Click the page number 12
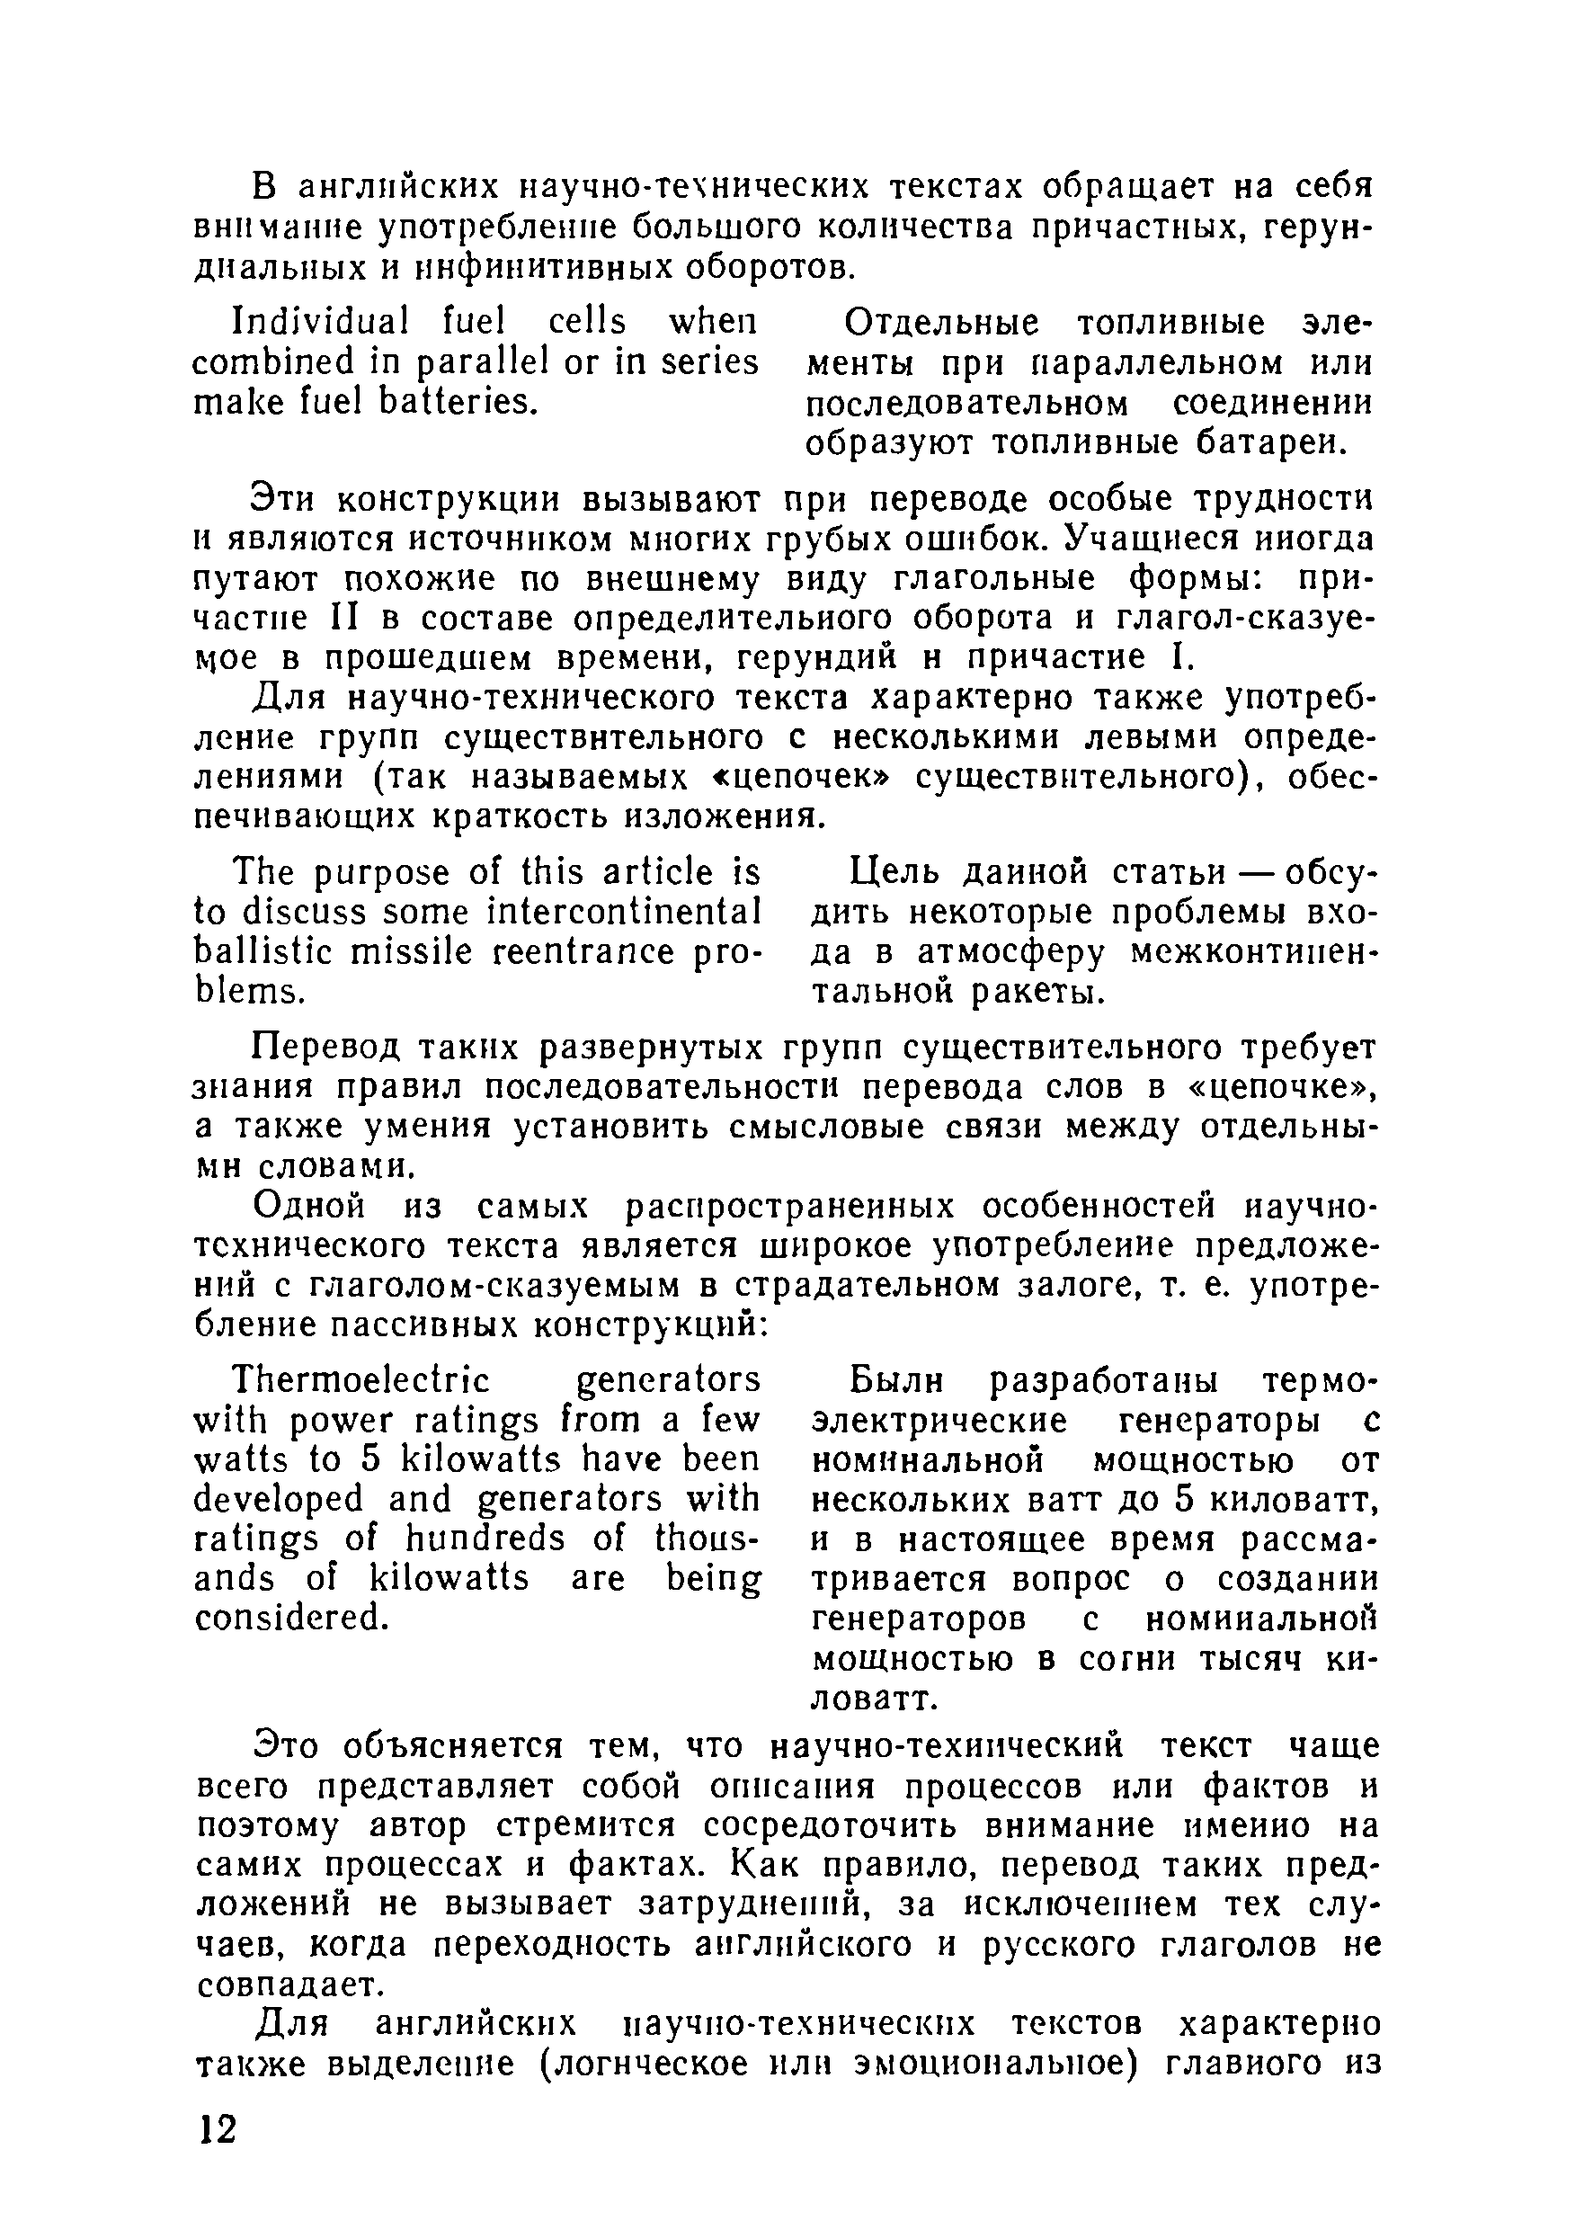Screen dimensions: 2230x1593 [218, 2130]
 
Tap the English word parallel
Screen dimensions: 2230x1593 [482, 362]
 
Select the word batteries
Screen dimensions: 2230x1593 [459, 401]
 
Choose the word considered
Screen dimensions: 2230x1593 [290, 1617]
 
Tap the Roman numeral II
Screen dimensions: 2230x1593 [329, 618]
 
